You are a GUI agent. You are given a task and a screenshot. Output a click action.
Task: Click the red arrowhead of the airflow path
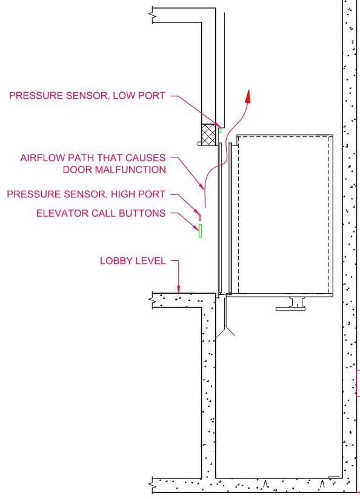pos(248,96)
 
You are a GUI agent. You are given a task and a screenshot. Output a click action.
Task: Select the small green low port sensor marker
pos(220,130)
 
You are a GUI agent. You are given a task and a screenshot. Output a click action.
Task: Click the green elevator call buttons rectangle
pos(200,231)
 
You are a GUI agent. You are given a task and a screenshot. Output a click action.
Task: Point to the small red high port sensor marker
pos(200,217)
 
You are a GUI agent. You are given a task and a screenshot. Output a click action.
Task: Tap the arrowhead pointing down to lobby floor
pos(178,289)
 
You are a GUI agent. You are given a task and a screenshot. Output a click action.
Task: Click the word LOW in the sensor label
pos(124,96)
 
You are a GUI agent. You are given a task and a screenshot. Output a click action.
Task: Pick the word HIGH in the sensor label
pos(122,194)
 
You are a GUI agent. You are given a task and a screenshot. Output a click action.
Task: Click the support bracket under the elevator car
pos(290,303)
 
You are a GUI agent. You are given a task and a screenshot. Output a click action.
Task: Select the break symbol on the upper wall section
pos(153,15)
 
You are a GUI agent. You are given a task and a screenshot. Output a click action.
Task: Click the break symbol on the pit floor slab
pos(153,486)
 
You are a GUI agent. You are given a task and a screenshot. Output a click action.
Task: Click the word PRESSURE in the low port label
pos(36,96)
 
